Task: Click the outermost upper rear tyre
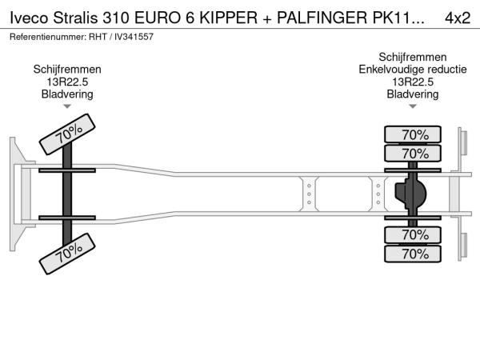[414, 134]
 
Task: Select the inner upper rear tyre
[414, 153]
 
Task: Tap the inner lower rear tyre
[414, 235]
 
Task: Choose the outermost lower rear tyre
[414, 254]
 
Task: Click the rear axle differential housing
[412, 194]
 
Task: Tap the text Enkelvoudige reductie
[413, 70]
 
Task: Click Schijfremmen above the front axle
[67, 70]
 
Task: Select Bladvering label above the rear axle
[413, 94]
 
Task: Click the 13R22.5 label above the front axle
[67, 82]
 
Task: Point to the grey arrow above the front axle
[67, 106]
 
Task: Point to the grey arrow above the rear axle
[413, 106]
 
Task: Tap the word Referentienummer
[45, 37]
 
